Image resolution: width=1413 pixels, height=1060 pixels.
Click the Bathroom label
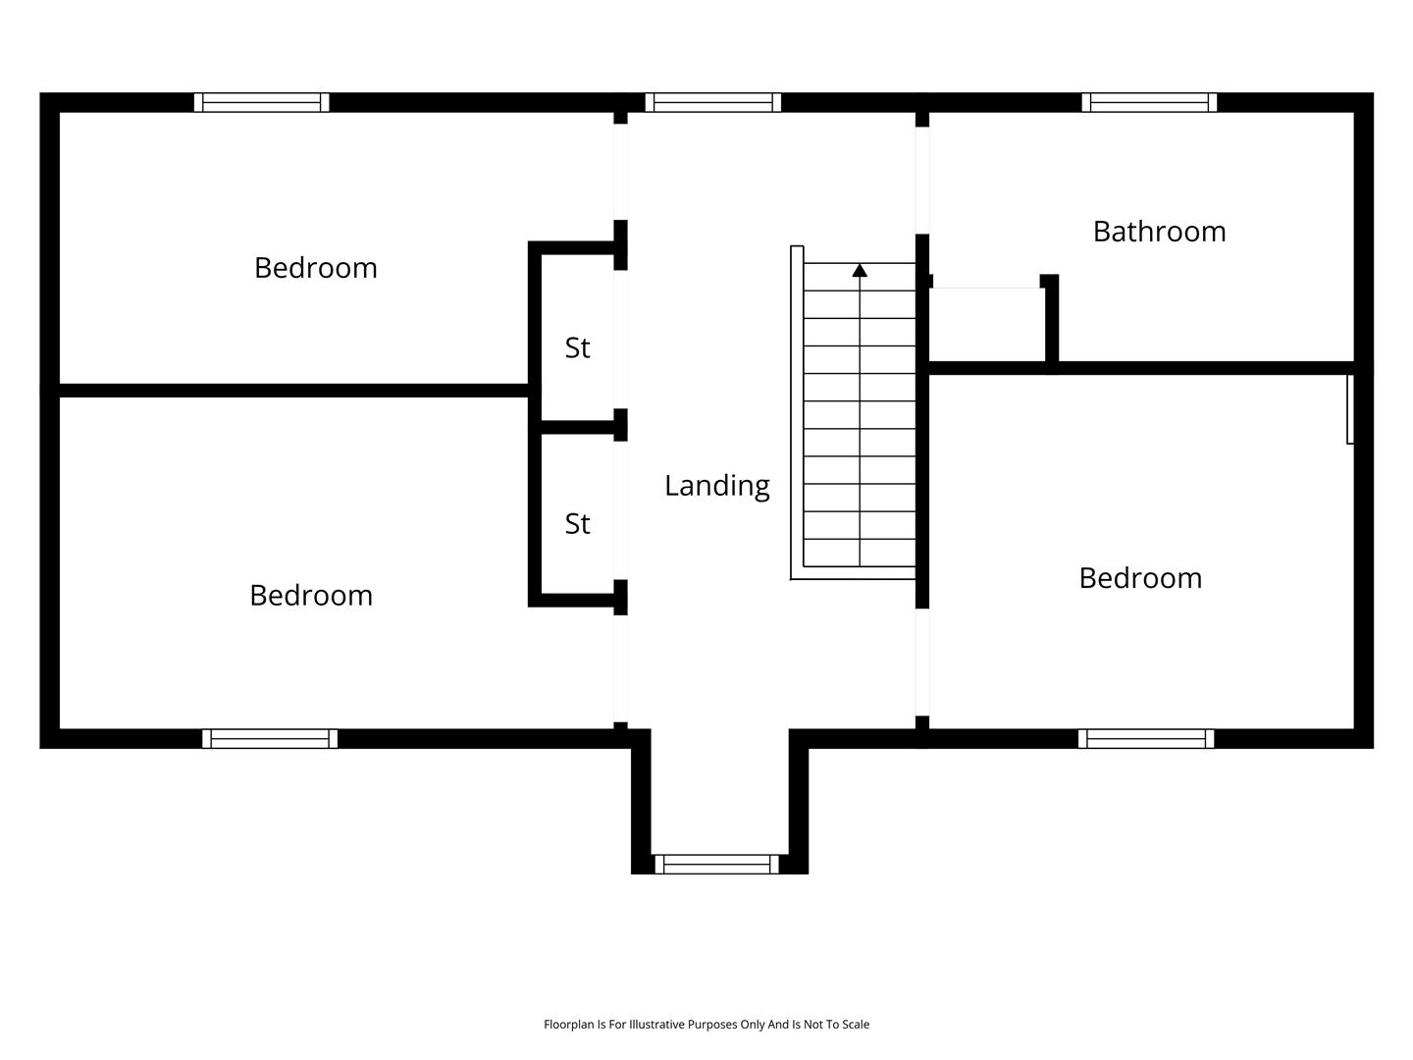[1159, 232]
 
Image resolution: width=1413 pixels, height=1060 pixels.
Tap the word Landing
[716, 486]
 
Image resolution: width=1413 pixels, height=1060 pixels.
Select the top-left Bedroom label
[315, 268]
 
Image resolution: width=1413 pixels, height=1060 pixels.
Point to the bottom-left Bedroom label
[311, 596]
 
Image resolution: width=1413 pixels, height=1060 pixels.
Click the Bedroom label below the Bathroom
[1140, 578]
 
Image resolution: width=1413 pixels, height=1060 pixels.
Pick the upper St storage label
[577, 348]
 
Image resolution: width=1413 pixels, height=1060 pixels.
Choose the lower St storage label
[577, 524]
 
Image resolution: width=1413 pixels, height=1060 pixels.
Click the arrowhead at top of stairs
[860, 270]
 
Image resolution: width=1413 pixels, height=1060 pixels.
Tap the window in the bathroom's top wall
[1149, 102]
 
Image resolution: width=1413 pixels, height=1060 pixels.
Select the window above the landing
[713, 102]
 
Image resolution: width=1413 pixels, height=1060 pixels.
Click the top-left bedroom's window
[261, 102]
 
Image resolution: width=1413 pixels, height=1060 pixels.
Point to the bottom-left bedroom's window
[270, 739]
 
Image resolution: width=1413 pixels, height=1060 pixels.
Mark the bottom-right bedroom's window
[1146, 739]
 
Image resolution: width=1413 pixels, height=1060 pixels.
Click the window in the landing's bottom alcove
[716, 865]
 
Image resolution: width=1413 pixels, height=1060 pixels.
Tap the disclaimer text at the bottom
[706, 1024]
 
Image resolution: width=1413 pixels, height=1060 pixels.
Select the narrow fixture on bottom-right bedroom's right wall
[1350, 409]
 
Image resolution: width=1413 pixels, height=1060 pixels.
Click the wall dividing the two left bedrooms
[293, 391]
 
